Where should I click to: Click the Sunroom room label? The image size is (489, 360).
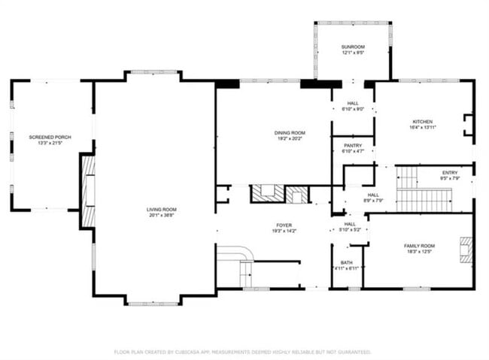click(x=352, y=47)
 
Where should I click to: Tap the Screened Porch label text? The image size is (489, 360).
click(x=50, y=137)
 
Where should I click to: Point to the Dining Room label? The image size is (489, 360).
click(x=273, y=132)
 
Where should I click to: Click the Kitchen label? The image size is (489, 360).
click(x=422, y=122)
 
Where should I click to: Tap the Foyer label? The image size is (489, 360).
click(x=284, y=225)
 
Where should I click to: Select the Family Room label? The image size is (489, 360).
click(x=419, y=246)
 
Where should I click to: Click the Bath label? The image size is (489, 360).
click(x=346, y=262)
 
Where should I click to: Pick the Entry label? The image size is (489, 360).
click(x=449, y=172)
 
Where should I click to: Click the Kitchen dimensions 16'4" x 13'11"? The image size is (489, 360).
click(x=422, y=128)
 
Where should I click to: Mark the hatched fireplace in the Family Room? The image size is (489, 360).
click(x=467, y=250)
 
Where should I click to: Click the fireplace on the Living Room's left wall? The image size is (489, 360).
click(x=88, y=190)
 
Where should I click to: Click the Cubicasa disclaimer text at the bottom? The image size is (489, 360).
click(x=241, y=351)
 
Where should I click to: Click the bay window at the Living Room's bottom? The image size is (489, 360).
click(x=153, y=303)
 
